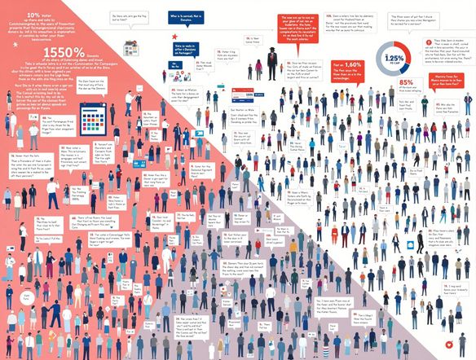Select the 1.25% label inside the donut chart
[x=417, y=59]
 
